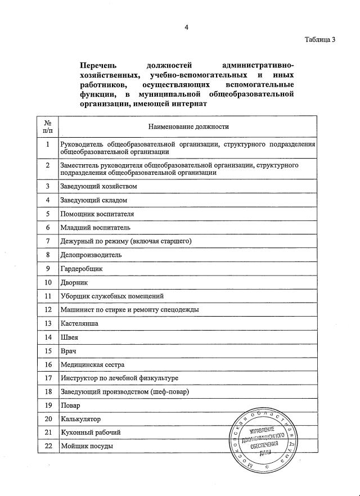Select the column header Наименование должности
(x=188, y=127)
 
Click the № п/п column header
(x=48, y=127)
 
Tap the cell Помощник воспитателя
(x=97, y=214)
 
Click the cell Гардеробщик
(x=81, y=268)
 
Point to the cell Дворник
(x=74, y=282)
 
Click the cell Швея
(x=69, y=337)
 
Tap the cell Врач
(x=68, y=350)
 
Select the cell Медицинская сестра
(x=93, y=364)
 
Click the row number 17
(x=48, y=378)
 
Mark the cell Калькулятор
(x=80, y=419)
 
